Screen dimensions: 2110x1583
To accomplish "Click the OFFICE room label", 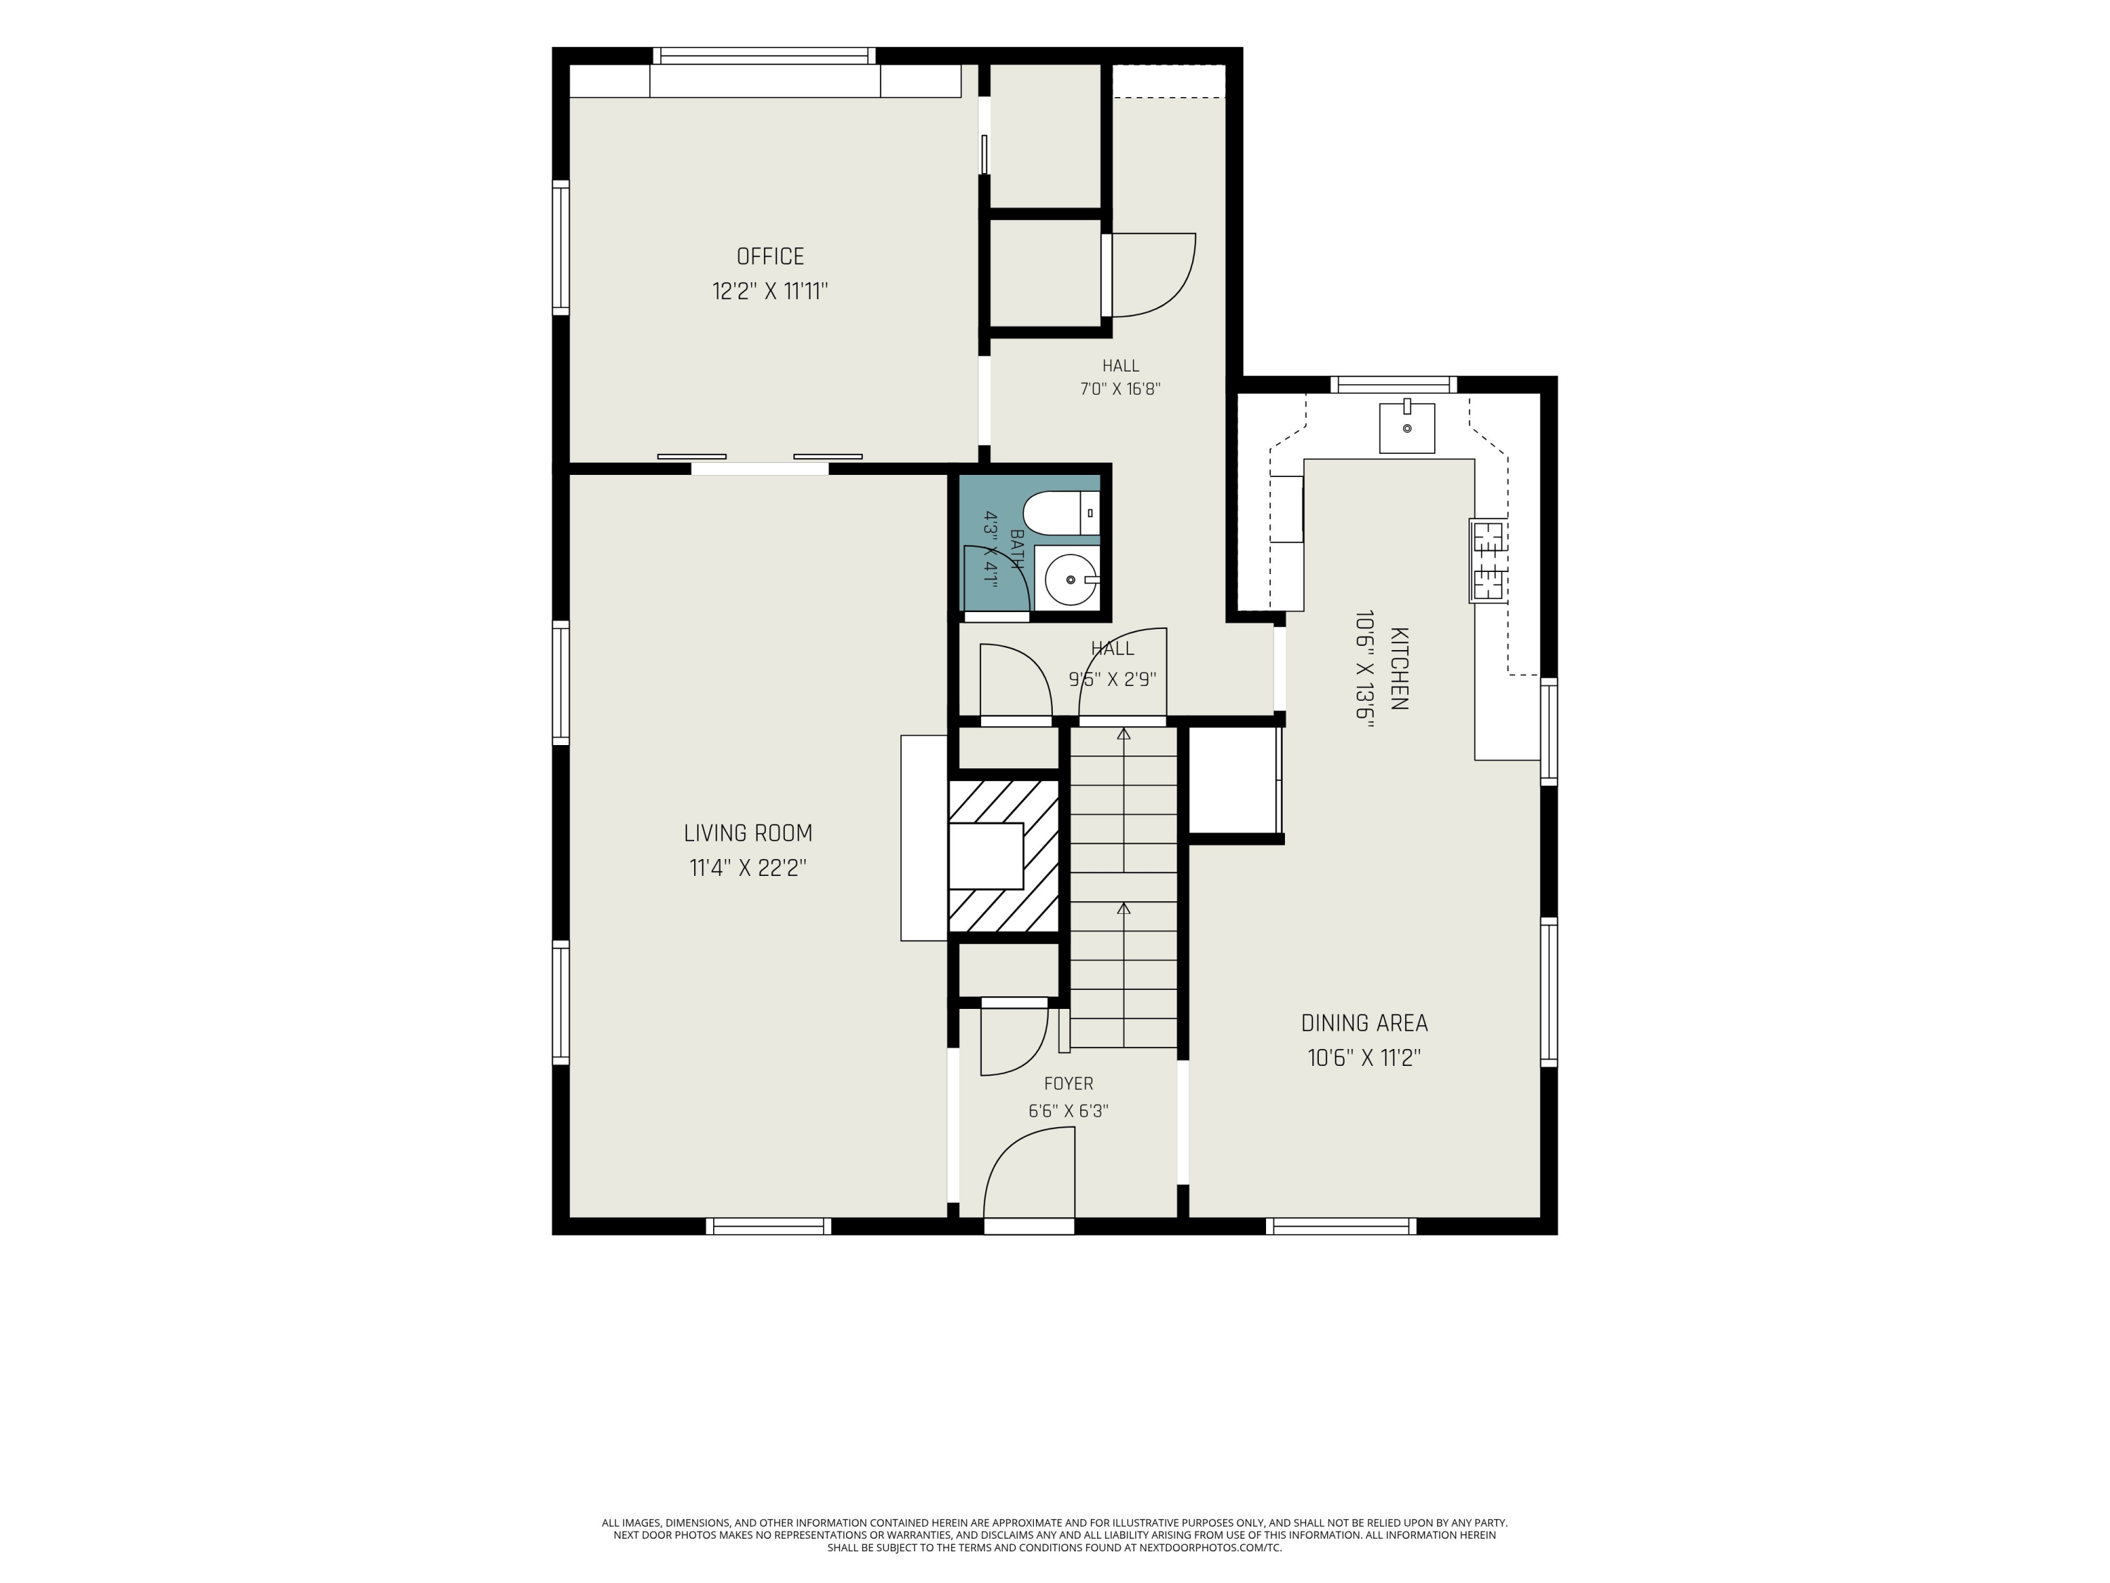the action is [x=769, y=257].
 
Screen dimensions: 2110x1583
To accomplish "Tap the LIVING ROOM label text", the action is [x=748, y=833].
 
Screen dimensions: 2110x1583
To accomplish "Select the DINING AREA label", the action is [x=1364, y=1023].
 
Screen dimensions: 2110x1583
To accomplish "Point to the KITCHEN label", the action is [x=1398, y=669].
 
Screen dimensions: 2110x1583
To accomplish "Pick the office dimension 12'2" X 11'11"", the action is [x=769, y=291].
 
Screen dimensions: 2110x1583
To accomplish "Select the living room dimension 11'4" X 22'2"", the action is [x=748, y=868].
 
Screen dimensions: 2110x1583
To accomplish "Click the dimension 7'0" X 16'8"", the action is [x=1120, y=389].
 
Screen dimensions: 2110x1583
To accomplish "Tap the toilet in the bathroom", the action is [x=1061, y=514].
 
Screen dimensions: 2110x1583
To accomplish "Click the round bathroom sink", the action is [x=1070, y=579].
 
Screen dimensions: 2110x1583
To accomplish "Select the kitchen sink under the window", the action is [x=1407, y=428].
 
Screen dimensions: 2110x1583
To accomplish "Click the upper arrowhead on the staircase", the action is [x=1124, y=734].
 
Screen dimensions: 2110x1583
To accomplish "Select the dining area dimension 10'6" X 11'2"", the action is [x=1364, y=1058].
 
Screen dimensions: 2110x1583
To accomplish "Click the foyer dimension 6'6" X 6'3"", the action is [x=1068, y=1111].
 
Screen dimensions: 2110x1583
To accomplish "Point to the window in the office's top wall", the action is [x=763, y=56].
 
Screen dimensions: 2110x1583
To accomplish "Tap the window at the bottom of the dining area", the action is [x=1341, y=1226].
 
